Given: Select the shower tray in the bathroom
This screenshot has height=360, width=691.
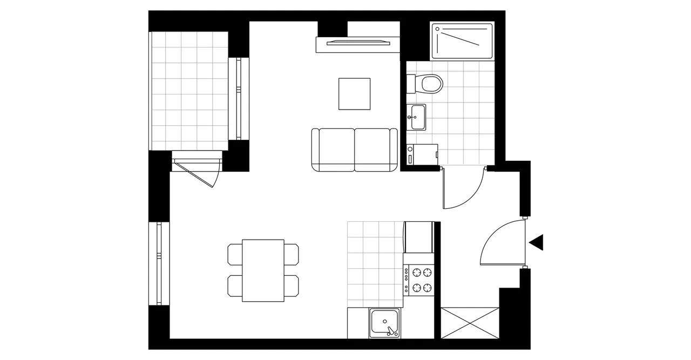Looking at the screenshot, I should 462,40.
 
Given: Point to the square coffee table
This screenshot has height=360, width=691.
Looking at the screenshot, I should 355,94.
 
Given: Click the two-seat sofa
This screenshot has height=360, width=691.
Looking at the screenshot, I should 354,150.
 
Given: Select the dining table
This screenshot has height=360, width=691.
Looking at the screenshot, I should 263,270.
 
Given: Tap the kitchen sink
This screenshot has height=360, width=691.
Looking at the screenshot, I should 385,323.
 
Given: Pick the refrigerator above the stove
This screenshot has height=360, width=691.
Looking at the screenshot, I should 419,237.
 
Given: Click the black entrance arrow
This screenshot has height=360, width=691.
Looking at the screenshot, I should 537,243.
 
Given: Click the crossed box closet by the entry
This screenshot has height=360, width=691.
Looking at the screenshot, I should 470,323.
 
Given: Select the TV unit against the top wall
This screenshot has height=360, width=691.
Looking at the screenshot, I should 357,44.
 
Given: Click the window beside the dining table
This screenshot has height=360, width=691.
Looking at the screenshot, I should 159,263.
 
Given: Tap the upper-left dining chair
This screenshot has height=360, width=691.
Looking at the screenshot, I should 235,254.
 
